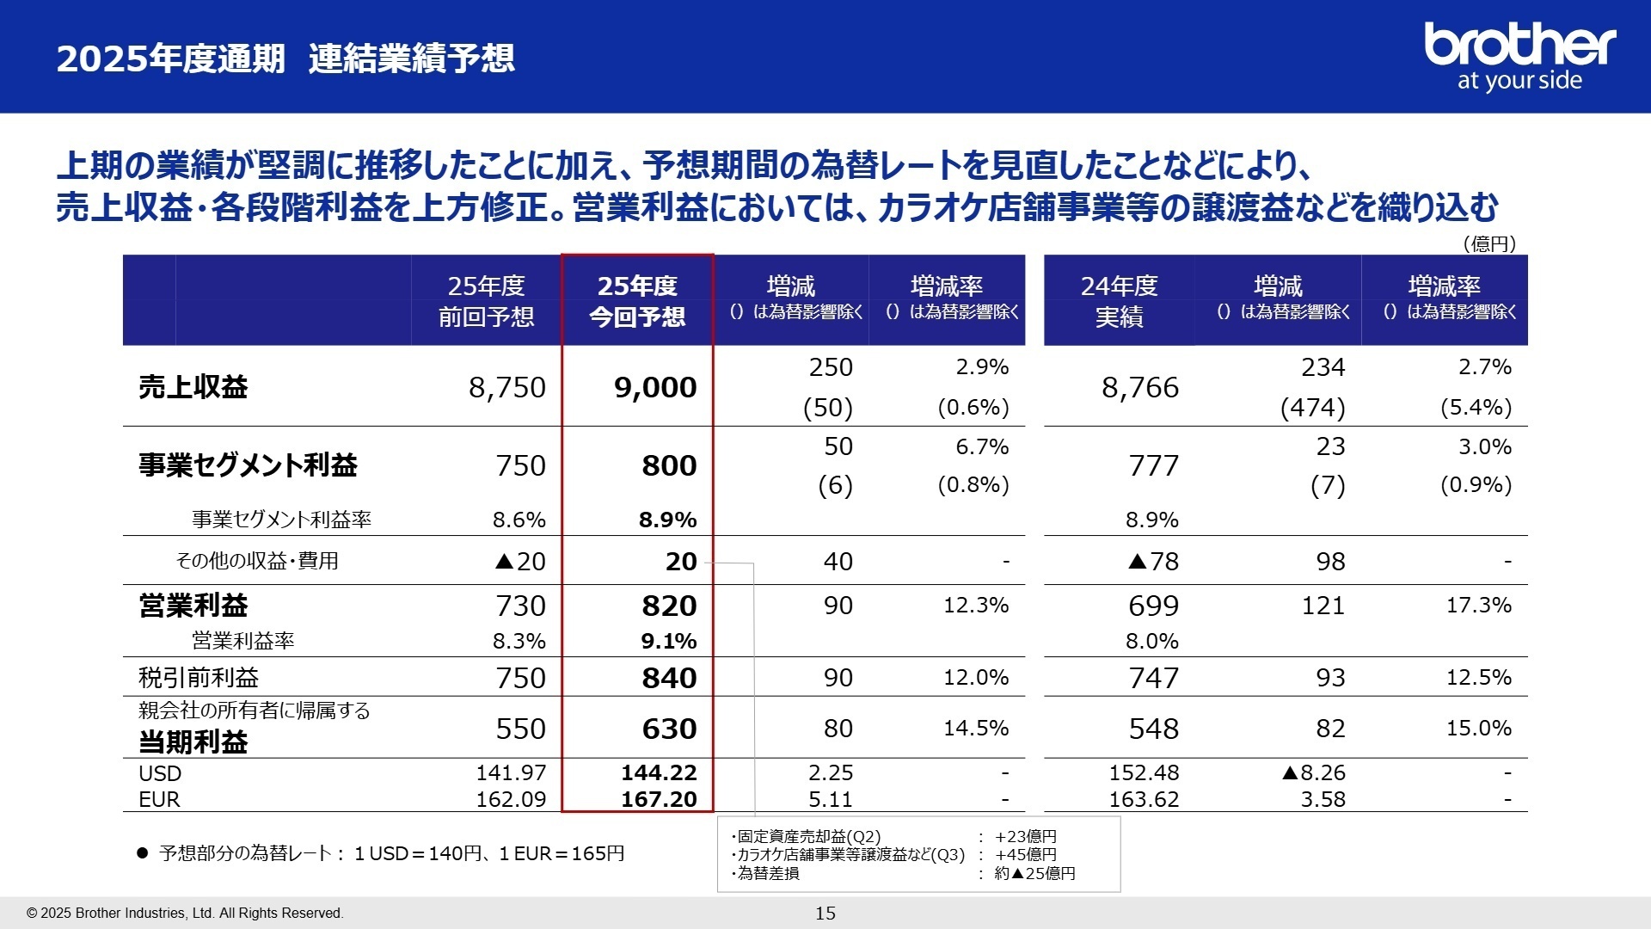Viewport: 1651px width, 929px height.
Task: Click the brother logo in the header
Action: tap(1519, 56)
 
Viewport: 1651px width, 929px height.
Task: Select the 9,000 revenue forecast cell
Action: tap(655, 387)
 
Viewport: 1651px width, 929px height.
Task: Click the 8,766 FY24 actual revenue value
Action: tap(1140, 387)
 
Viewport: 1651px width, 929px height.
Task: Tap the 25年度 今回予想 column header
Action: tap(637, 301)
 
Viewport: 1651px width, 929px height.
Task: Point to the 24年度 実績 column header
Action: tap(1119, 301)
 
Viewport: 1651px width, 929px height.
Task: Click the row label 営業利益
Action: tap(193, 606)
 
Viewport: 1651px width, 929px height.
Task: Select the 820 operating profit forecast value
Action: tap(669, 606)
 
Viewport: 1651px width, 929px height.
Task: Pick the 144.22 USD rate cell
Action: tap(659, 772)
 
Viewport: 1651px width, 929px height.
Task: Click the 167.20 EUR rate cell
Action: tap(659, 799)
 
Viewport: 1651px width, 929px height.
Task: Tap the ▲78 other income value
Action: tap(1153, 562)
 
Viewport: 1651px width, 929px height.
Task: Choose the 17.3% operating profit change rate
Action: tap(1478, 605)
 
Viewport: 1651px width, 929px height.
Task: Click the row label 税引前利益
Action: tap(199, 678)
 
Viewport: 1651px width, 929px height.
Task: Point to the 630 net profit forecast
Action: tap(669, 729)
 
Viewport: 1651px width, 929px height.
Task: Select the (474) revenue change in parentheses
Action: tap(1312, 407)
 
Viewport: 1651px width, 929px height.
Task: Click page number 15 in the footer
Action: tap(825, 914)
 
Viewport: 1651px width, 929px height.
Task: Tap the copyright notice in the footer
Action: tap(185, 914)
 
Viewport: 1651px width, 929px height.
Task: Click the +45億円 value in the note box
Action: tap(1026, 854)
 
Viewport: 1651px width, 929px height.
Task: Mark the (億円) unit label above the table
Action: tap(1489, 243)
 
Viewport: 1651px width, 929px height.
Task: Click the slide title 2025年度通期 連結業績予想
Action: tap(285, 58)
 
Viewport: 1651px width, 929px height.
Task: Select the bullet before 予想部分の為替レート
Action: tap(143, 853)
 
